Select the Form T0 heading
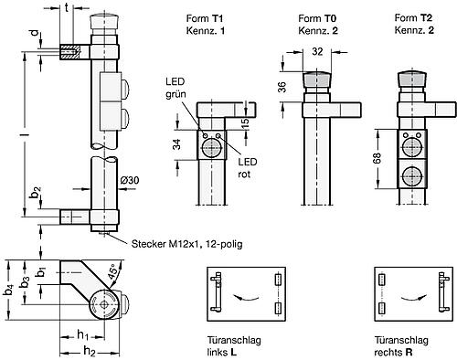click(316, 18)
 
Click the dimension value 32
click(315, 52)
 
